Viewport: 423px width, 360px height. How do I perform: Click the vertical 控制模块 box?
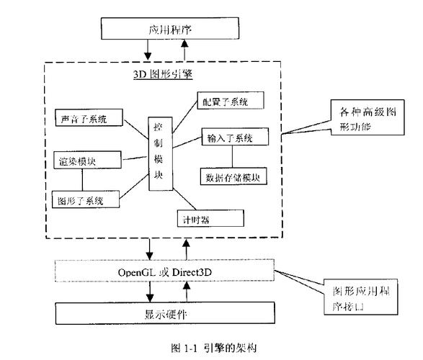(x=159, y=153)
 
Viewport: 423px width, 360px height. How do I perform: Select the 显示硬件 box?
(x=167, y=314)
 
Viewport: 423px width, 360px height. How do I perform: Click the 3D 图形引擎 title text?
(x=162, y=73)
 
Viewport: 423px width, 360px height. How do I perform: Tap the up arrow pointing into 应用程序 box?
(x=185, y=50)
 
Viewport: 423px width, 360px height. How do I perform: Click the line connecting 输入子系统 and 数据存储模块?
(x=231, y=156)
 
